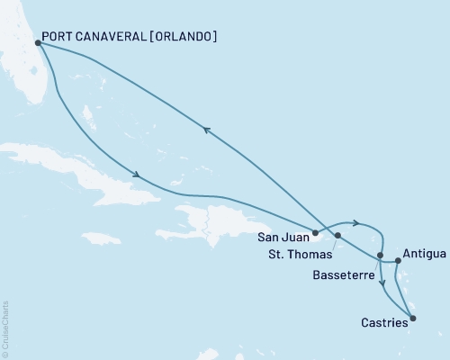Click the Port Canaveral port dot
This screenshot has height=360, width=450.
(x=37, y=41)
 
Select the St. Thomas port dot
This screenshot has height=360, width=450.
(x=337, y=236)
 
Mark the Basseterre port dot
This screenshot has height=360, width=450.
(x=380, y=256)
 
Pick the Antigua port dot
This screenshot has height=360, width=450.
(x=398, y=261)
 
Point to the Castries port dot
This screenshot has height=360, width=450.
(x=412, y=317)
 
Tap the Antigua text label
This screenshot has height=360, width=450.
(x=423, y=254)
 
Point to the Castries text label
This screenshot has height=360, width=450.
(x=384, y=322)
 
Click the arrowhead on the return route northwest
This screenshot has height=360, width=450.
(x=207, y=130)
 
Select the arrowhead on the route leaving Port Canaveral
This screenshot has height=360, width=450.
(x=135, y=175)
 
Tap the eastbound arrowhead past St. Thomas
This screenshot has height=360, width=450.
(x=357, y=223)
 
